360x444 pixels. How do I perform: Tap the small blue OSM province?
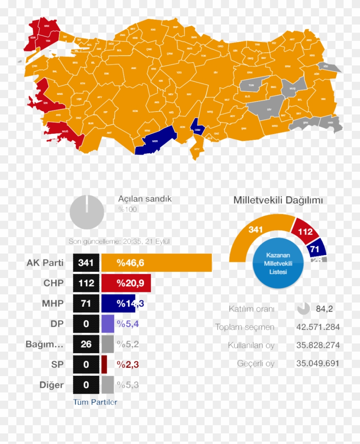point(198,129)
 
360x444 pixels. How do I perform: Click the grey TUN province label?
point(252,85)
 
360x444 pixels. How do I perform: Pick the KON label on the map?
point(135,111)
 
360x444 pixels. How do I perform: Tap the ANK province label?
point(133,68)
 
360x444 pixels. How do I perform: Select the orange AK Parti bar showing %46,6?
point(156,262)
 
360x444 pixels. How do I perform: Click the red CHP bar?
point(126,283)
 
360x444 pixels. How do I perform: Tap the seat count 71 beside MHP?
point(86,303)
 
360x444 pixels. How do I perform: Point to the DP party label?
point(57,324)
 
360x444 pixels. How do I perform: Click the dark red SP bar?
point(104,364)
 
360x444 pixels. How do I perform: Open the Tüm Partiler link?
point(95,402)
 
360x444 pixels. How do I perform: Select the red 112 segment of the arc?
point(305,232)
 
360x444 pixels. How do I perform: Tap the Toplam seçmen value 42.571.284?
point(318,327)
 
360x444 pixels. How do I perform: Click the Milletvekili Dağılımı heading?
point(278,200)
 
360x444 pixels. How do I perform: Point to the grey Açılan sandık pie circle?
point(87,212)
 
